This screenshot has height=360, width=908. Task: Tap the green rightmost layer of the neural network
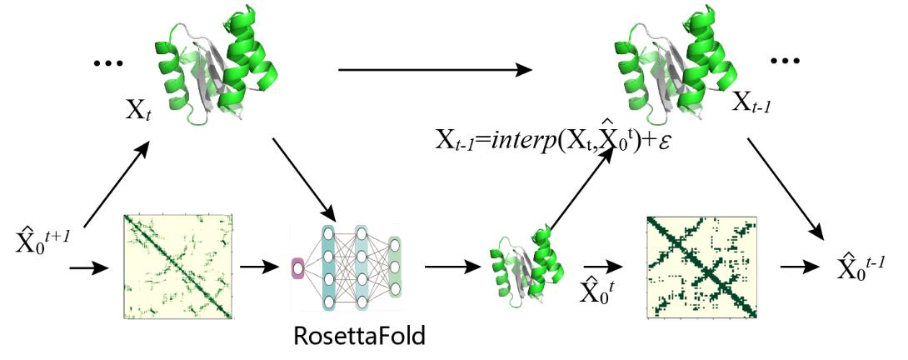(x=395, y=267)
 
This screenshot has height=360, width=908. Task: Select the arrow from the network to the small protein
(x=454, y=267)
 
